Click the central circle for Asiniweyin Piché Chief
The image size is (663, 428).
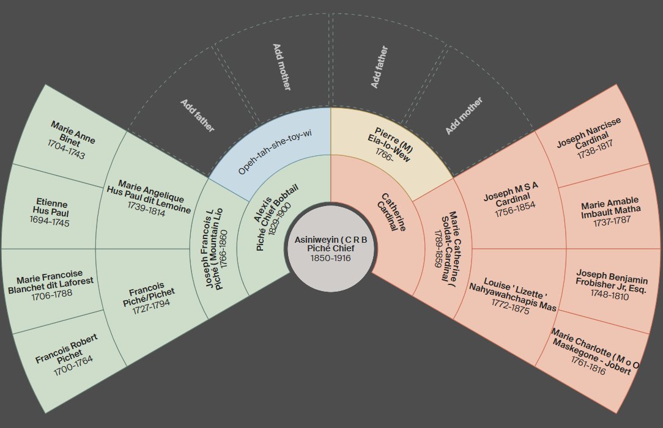pos(330,248)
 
